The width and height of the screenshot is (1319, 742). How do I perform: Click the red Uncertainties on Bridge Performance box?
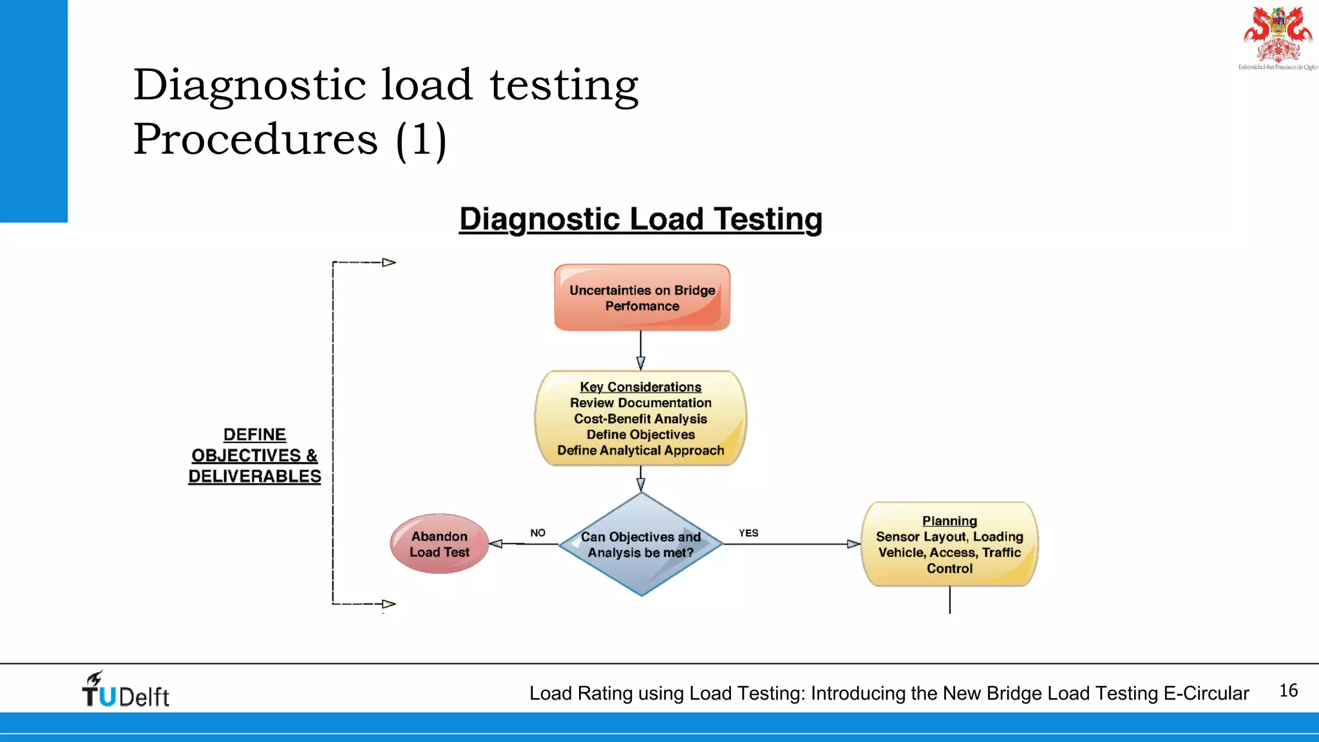pyautogui.click(x=642, y=298)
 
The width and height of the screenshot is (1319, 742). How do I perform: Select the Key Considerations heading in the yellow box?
pyautogui.click(x=640, y=386)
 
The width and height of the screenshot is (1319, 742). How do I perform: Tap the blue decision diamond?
pyautogui.click(x=641, y=544)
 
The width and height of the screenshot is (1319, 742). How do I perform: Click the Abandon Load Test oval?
pyautogui.click(x=439, y=544)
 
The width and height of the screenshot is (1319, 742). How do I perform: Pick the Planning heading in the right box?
pyautogui.click(x=949, y=520)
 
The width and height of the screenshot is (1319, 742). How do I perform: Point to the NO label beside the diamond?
pyautogui.click(x=538, y=533)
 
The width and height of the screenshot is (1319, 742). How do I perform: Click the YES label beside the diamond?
pyautogui.click(x=748, y=533)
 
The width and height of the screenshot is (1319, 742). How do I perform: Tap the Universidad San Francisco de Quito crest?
pyautogui.click(x=1278, y=37)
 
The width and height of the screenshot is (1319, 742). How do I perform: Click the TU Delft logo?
pyautogui.click(x=126, y=690)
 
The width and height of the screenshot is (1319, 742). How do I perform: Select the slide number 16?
pyautogui.click(x=1288, y=690)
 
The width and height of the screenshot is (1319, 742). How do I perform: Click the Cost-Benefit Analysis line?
pyautogui.click(x=640, y=419)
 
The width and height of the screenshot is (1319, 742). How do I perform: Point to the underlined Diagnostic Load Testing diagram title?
pyautogui.click(x=640, y=219)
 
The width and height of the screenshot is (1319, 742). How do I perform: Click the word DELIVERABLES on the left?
pyautogui.click(x=254, y=476)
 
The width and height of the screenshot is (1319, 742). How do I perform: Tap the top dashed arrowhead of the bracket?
pyautogui.click(x=389, y=262)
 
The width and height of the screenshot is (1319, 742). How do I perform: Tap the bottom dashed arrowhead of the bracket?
pyautogui.click(x=389, y=604)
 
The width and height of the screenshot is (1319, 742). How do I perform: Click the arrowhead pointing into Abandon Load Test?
pyautogui.click(x=496, y=544)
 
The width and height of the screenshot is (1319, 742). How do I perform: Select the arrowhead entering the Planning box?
pyautogui.click(x=854, y=544)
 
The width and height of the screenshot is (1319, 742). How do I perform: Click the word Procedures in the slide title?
pyautogui.click(x=256, y=138)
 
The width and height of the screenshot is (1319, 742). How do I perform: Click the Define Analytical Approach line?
pyautogui.click(x=640, y=450)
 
